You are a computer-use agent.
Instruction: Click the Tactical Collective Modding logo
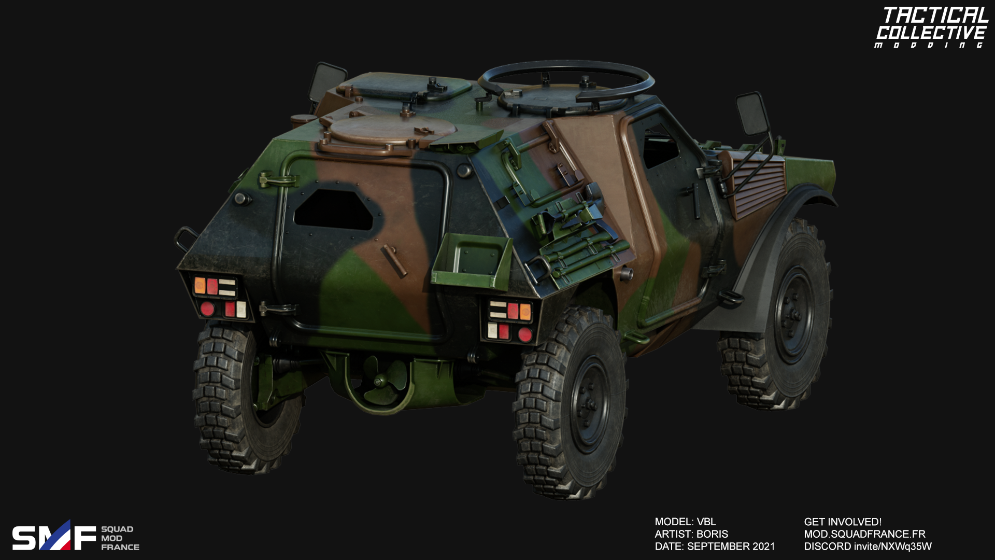point(932,27)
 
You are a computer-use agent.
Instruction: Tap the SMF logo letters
point(54,536)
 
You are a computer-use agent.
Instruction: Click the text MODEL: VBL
point(685,522)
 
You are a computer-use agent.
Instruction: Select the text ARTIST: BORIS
point(691,534)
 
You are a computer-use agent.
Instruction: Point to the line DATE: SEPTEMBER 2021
point(715,547)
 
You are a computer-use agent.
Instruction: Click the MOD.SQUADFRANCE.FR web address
point(864,534)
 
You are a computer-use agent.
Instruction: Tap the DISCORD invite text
point(868,547)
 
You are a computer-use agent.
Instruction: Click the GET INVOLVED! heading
point(843,522)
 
